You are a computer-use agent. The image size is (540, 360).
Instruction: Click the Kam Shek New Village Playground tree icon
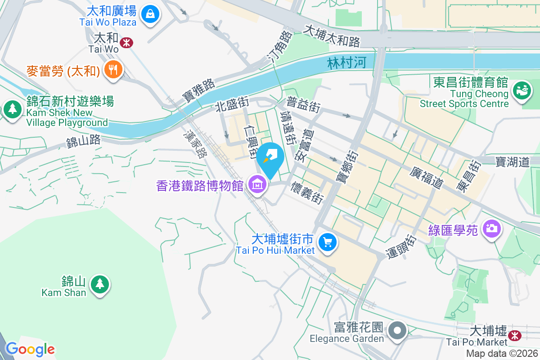[13, 109]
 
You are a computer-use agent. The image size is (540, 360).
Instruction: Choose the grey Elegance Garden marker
[397, 331]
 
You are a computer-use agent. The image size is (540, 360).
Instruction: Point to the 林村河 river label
[347, 63]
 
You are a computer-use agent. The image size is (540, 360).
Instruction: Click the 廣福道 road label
[427, 177]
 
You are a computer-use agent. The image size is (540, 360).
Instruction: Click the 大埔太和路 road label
[333, 36]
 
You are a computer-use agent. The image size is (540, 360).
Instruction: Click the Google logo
[30, 349]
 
